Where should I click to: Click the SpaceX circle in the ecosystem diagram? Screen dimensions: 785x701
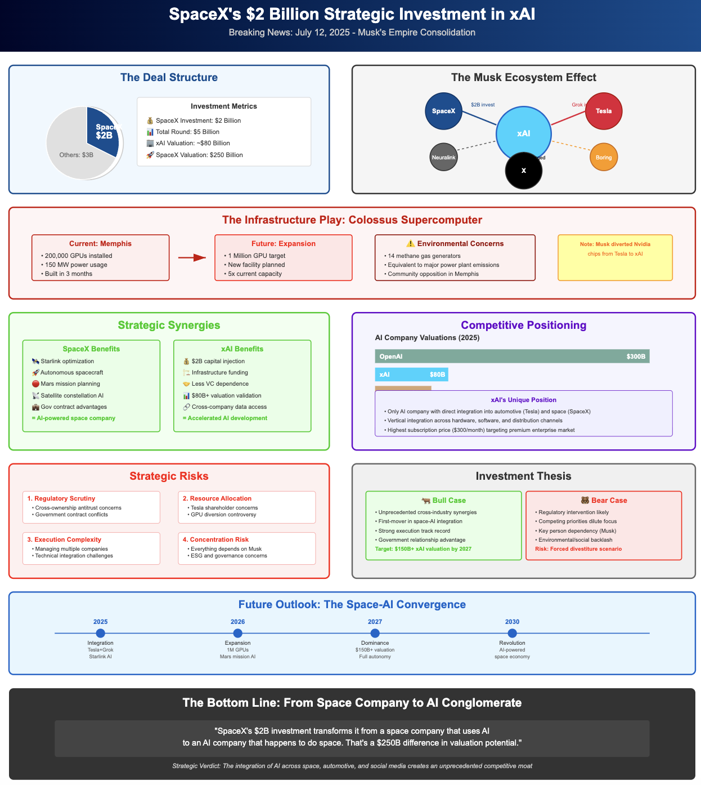click(x=443, y=111)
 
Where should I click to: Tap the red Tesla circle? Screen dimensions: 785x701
click(x=604, y=111)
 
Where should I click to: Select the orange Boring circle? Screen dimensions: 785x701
click(x=604, y=157)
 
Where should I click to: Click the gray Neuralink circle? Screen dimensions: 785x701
click(x=443, y=157)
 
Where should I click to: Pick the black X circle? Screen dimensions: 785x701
click(x=523, y=171)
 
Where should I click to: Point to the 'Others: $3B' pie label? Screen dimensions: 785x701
click(x=77, y=155)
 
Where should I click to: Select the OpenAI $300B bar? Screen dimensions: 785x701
click(x=512, y=356)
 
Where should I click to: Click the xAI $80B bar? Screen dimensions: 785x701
click(x=411, y=374)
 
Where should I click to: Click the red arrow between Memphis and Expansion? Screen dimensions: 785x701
click(x=192, y=258)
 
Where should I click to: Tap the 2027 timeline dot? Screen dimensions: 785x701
click(x=375, y=634)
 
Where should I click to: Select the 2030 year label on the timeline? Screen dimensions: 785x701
click(x=512, y=622)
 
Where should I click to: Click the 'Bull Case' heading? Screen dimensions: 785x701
click(x=443, y=500)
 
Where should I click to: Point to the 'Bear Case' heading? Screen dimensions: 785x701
click(x=603, y=500)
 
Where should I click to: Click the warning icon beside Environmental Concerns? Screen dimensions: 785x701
click(x=410, y=244)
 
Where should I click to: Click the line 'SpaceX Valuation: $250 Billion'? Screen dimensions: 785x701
click(x=199, y=155)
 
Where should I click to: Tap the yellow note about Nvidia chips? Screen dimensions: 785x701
click(x=615, y=257)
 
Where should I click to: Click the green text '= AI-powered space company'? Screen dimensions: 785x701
click(x=74, y=418)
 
